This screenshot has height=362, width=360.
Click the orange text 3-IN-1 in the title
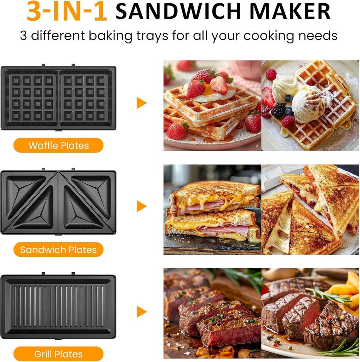[67, 12]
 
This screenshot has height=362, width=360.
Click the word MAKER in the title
[296, 12]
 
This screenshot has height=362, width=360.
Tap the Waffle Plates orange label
[58, 145]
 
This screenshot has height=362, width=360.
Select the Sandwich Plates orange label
[58, 250]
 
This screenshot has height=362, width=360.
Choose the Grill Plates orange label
[58, 354]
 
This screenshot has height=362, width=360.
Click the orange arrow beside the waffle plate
[141, 103]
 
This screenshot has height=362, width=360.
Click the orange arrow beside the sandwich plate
[141, 206]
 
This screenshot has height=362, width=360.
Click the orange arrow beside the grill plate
[141, 311]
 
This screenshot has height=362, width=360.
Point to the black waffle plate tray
[58, 98]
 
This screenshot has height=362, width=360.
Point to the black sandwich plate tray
[58, 202]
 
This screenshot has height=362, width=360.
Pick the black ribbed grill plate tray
[58, 306]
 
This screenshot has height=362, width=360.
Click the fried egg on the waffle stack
[212, 93]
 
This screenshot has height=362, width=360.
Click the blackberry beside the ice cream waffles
[278, 111]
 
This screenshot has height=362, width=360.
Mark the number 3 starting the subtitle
[23, 36]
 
